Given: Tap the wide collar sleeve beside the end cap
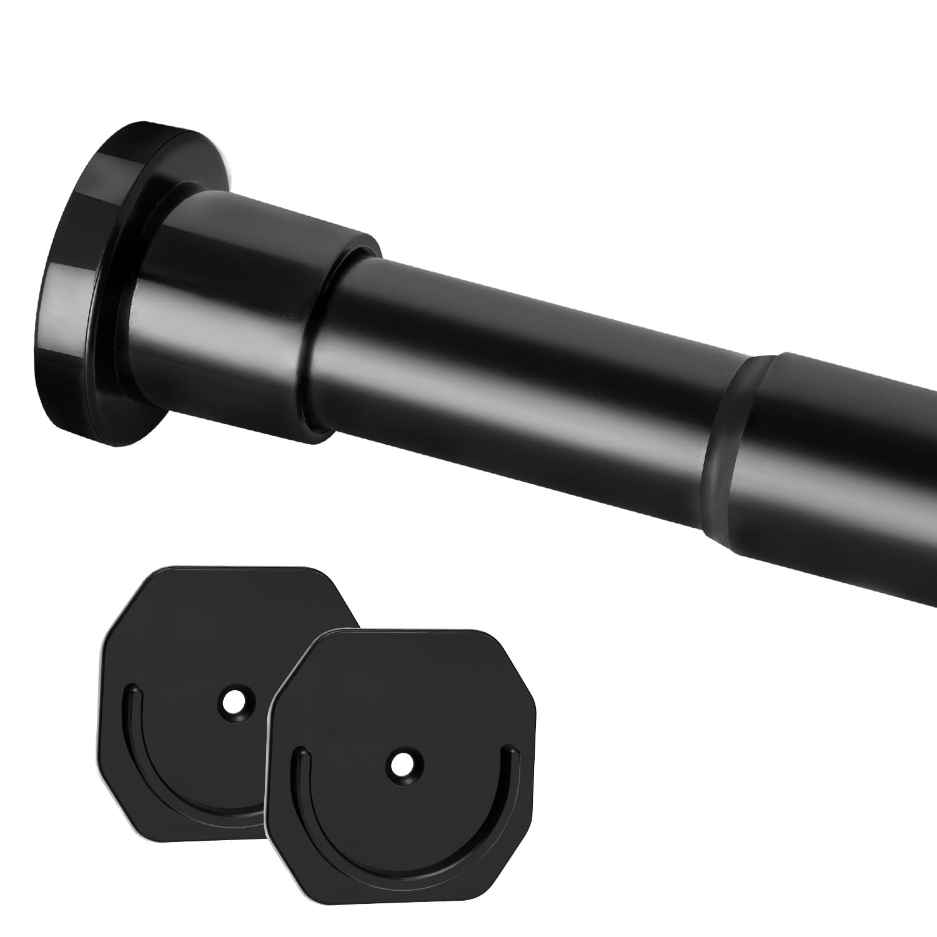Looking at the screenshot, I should pyautogui.click(x=250, y=312).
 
